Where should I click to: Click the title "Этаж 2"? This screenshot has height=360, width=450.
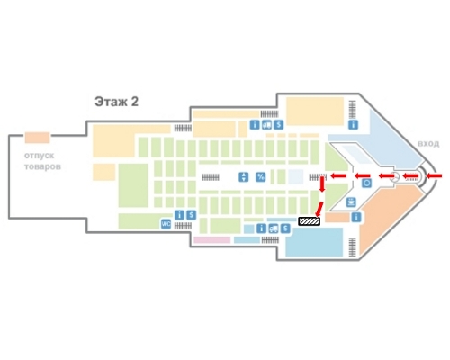[117, 102]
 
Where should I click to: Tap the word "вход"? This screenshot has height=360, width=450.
[428, 144]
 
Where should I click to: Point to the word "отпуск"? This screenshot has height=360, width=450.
[39, 156]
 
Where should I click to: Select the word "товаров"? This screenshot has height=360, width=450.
[42, 166]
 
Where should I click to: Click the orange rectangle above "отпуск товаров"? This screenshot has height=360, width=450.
[37, 138]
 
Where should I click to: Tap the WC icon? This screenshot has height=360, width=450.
[166, 224]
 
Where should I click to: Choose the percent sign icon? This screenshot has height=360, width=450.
[261, 177]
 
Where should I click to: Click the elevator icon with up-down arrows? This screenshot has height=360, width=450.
[244, 177]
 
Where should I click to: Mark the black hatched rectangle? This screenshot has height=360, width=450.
[309, 221]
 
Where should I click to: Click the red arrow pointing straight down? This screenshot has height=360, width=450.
[322, 184]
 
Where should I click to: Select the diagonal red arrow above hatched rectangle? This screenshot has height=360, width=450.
[319, 209]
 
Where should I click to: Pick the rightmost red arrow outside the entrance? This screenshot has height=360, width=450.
[434, 176]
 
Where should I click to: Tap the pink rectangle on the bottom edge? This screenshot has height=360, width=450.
[212, 240]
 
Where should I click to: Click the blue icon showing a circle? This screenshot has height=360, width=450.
[366, 183]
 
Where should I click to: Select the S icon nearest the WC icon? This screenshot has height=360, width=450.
[191, 215]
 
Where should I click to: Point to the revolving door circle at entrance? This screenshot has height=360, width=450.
[395, 176]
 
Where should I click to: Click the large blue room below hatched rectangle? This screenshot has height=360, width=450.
[314, 242]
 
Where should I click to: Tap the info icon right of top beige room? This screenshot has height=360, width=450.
[354, 124]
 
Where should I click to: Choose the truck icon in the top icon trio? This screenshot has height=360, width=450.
[266, 124]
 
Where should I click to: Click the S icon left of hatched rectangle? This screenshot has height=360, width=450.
[285, 229]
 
